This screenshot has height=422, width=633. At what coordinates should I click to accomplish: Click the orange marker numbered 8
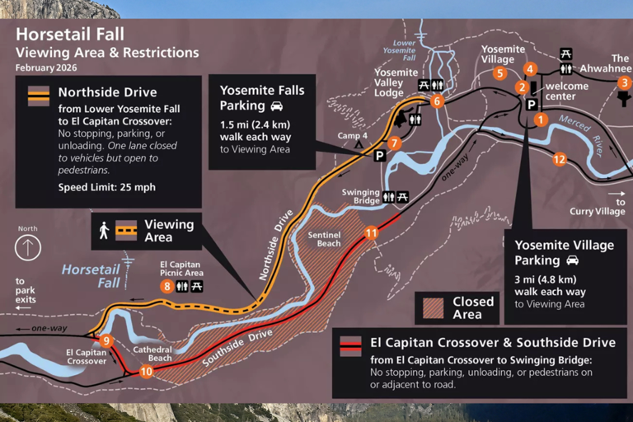point(167,286)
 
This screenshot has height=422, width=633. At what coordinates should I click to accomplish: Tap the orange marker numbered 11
point(372,233)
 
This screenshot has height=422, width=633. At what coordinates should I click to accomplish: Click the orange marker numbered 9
point(106,341)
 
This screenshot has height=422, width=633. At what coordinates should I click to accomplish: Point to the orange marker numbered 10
point(146,372)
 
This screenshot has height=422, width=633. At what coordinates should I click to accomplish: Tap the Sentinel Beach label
point(324,239)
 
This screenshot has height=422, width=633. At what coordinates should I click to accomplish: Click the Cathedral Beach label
point(152,354)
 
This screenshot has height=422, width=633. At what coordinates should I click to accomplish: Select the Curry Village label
point(598,212)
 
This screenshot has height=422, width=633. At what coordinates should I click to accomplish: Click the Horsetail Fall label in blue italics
point(91,275)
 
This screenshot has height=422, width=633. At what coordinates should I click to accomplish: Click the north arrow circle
point(29,246)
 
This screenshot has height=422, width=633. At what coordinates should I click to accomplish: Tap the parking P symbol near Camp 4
point(380,155)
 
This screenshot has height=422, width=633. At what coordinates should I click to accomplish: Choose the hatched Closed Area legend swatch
point(432,307)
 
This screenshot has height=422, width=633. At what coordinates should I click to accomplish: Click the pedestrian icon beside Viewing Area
point(104,231)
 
